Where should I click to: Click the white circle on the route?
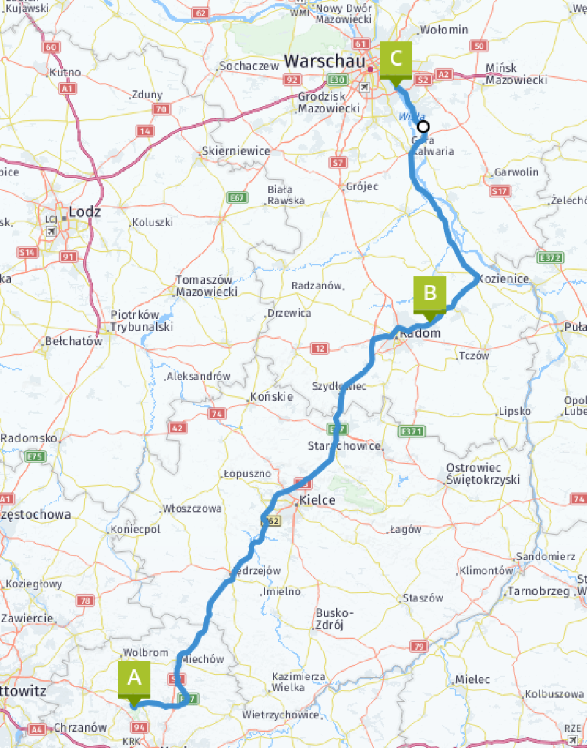tap(423, 126)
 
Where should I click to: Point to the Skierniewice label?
tap(235, 150)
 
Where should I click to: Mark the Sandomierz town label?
tap(545, 556)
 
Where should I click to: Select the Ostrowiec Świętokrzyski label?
tap(483, 474)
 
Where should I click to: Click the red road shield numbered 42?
tap(177, 427)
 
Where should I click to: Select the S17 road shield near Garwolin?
tap(499, 191)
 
